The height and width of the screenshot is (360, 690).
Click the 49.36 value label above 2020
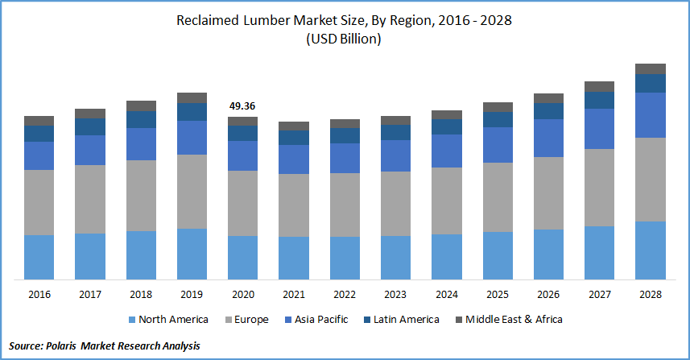point(242,106)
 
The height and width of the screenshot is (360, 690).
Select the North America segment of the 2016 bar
point(39,257)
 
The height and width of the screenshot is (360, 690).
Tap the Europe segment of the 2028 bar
point(651,180)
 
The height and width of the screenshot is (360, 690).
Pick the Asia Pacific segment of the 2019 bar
point(192,138)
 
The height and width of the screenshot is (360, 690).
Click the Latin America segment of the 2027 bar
point(599,100)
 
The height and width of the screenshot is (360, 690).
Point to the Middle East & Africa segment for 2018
point(141,106)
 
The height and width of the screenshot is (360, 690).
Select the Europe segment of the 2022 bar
point(345,205)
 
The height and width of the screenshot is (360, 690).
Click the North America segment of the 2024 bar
point(447,257)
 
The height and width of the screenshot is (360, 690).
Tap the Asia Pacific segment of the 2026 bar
point(548,138)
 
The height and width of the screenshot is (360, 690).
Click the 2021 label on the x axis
point(294,295)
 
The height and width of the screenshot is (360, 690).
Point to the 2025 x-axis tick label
point(498,295)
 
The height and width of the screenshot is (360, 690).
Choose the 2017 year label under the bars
point(89,295)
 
